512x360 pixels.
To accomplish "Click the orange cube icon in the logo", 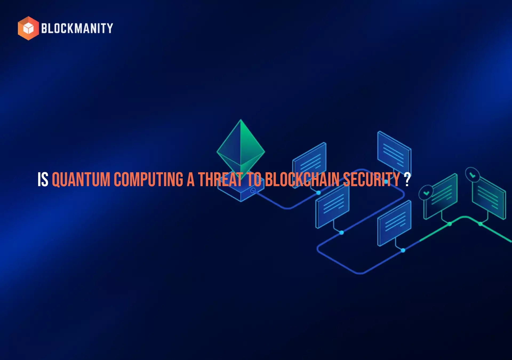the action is (28, 28).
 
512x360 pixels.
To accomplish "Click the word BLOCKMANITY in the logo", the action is (77, 28).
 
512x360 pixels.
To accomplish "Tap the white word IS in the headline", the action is (43, 179).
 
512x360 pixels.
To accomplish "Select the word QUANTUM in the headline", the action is (81, 179).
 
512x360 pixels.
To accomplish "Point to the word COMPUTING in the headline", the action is (149, 179).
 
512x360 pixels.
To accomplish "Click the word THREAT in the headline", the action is (221, 179).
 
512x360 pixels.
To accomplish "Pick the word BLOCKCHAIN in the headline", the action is (302, 179).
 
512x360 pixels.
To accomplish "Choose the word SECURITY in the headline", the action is (371, 179).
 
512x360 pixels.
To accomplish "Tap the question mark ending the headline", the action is (407, 179).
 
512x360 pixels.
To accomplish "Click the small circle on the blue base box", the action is (253, 190).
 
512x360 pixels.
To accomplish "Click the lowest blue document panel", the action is (394, 223).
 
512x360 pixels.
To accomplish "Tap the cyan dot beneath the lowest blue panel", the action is (403, 250).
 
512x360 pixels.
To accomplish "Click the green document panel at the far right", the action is (489, 199).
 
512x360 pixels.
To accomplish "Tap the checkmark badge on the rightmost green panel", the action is (472, 175).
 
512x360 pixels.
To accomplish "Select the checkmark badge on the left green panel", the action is (426, 193).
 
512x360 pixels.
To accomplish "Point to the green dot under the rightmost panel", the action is (481, 224).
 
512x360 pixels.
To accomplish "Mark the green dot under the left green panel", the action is (450, 224).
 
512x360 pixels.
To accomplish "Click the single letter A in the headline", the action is (190, 179).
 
